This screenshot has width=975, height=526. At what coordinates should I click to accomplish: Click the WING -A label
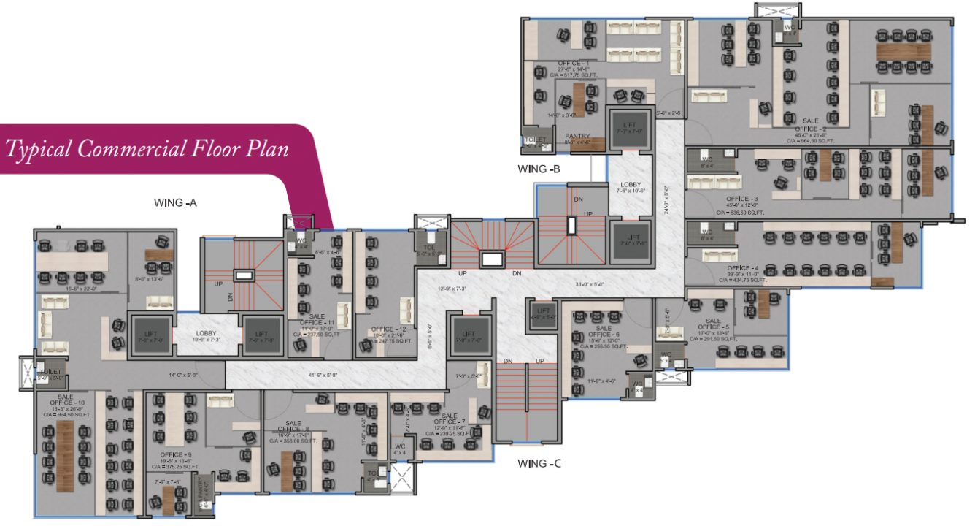click(175, 202)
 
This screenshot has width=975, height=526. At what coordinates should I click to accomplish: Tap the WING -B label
click(539, 169)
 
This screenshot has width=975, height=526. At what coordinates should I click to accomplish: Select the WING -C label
click(539, 463)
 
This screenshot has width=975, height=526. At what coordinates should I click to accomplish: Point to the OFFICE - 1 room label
click(574, 64)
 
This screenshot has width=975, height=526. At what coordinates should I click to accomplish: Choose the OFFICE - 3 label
click(741, 199)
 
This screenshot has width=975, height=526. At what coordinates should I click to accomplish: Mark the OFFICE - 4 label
click(741, 267)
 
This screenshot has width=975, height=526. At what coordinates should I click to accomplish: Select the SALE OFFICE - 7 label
click(449, 421)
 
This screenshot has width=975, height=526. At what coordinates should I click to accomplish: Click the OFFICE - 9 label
click(176, 454)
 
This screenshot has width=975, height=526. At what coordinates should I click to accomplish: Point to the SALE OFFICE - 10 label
click(61, 403)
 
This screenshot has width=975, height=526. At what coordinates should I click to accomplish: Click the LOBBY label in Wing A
click(206, 333)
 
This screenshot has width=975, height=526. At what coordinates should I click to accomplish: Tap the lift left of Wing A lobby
click(150, 335)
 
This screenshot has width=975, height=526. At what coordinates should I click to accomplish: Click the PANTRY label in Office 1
click(577, 136)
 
